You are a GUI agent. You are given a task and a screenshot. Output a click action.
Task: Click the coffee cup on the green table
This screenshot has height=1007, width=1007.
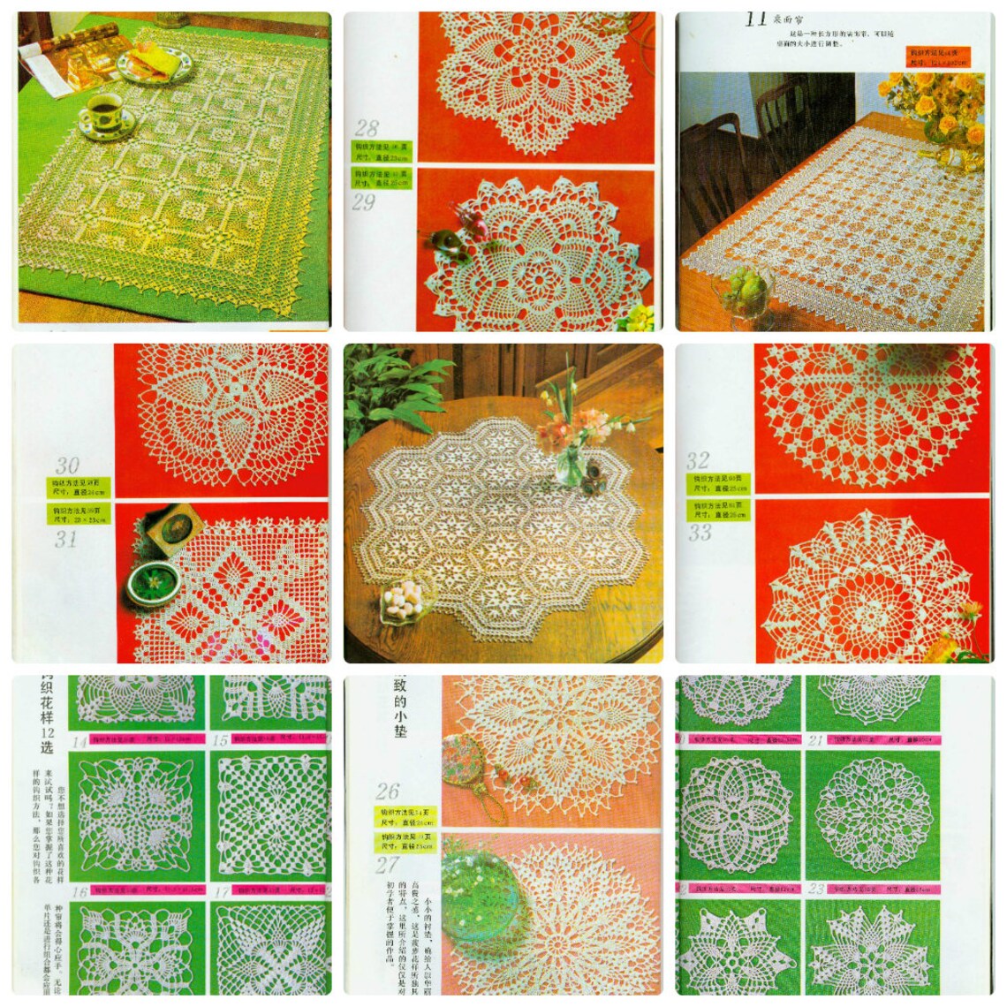(x=105, y=111)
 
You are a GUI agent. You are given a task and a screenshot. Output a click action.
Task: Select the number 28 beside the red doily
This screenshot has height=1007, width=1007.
(x=367, y=127)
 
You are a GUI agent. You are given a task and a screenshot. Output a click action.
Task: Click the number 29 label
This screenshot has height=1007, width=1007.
(x=364, y=202)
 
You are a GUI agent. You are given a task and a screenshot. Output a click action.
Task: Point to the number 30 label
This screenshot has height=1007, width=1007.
(x=67, y=466)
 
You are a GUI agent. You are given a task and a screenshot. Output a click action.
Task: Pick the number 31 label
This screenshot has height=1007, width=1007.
(x=65, y=539)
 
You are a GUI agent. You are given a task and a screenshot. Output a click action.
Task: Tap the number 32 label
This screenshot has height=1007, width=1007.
(x=698, y=460)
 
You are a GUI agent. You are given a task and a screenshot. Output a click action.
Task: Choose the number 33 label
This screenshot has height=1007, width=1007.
(x=699, y=533)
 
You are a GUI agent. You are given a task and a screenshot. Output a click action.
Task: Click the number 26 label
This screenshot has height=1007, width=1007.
(x=388, y=791)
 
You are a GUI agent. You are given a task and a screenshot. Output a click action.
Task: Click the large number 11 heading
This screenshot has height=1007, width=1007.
(x=754, y=19)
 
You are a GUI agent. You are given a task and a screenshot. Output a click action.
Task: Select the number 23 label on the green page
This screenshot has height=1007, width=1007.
(x=815, y=890)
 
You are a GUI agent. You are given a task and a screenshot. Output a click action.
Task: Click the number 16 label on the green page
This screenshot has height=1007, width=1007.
(x=79, y=892)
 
